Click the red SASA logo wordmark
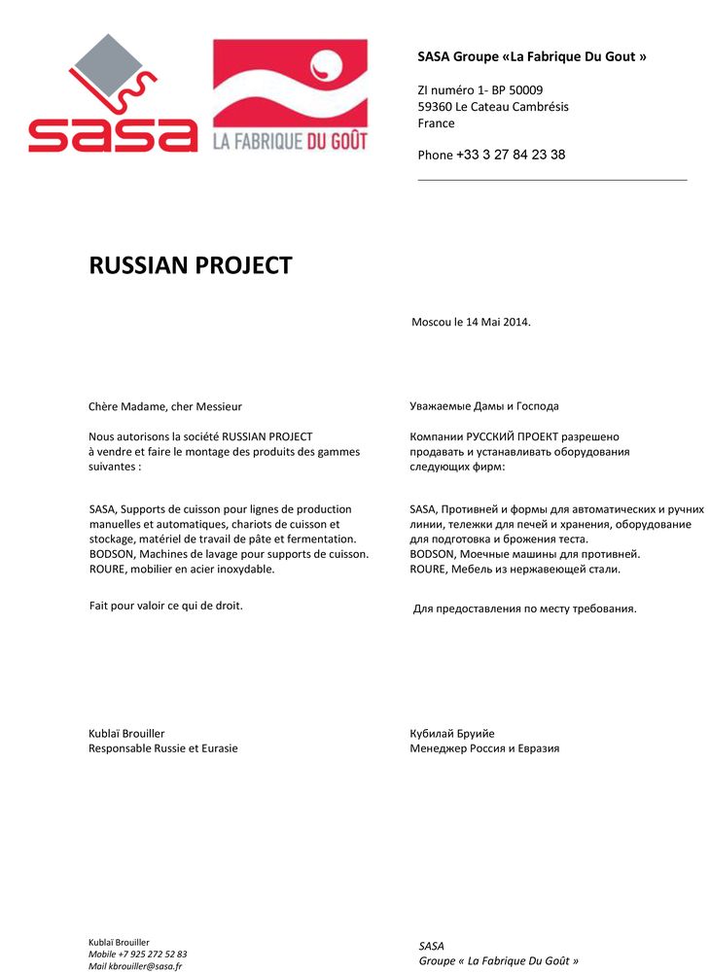113,134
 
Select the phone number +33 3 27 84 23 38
511,155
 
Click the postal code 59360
435,107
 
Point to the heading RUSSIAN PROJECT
191,265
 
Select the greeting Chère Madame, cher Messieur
165,406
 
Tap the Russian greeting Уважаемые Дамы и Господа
484,406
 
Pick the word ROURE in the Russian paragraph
429,570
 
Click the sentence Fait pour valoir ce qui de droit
165,606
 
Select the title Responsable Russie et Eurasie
163,748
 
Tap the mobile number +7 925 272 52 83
153,954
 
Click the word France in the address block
436,123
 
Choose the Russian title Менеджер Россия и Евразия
484,748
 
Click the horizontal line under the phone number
551,180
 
